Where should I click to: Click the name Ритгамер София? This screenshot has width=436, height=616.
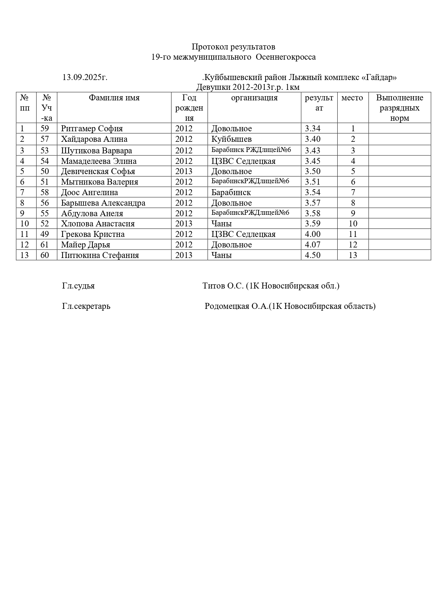[x=92, y=128]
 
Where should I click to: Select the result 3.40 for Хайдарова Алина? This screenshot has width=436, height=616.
[x=313, y=139]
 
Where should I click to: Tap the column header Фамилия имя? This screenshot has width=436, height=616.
[x=114, y=98]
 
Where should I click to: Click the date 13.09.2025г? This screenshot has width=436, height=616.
[x=85, y=77]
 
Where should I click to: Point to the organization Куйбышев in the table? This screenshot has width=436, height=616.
[x=232, y=139]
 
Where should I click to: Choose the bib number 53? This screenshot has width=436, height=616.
[x=45, y=151]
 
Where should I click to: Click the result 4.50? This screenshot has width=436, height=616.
[x=313, y=255]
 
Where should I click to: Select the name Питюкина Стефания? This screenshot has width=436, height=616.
[x=100, y=255]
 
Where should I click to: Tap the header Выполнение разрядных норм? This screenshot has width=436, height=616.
[x=399, y=108]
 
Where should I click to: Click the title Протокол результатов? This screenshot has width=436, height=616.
[x=233, y=47]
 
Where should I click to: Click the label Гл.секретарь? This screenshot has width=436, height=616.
[x=86, y=306]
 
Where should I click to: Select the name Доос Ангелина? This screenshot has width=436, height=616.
[x=89, y=192]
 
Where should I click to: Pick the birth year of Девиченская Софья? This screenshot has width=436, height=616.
[x=184, y=171]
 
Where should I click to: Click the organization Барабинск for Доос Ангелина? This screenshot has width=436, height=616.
[x=231, y=192]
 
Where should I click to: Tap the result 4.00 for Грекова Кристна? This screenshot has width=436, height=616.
[x=313, y=234]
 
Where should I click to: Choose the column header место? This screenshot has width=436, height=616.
[x=352, y=98]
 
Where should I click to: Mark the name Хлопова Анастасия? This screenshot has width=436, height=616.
[x=98, y=224]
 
